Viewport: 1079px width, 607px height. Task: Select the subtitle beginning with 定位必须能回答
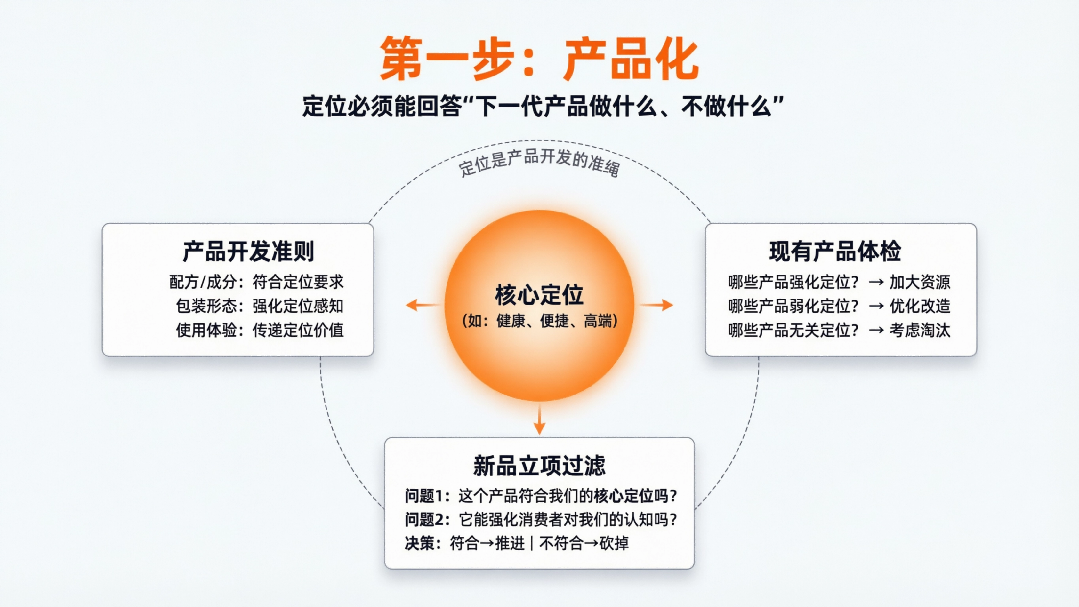tap(543, 106)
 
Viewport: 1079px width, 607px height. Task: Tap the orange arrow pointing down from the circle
tap(540, 420)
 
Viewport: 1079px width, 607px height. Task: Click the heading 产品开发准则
tap(248, 251)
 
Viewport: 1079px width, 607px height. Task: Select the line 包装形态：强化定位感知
tap(260, 306)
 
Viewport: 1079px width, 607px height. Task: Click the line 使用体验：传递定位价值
tap(260, 330)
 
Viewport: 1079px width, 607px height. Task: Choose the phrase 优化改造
tap(920, 306)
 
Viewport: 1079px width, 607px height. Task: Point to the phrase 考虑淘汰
tap(920, 330)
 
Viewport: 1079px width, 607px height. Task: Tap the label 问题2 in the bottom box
tap(423, 520)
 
